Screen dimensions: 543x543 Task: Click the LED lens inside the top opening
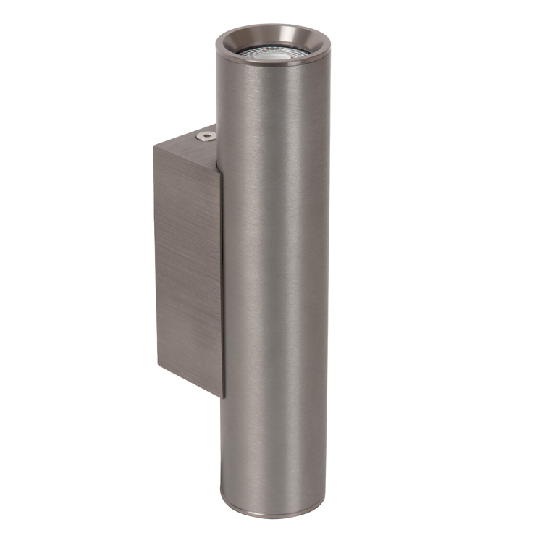[x=273, y=52]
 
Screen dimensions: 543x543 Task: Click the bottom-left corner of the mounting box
[x=156, y=366]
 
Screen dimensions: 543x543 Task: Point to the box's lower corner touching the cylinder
[x=223, y=397]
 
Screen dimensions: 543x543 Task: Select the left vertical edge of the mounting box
[x=154, y=253]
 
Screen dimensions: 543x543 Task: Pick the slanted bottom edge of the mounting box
[x=188, y=381]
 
